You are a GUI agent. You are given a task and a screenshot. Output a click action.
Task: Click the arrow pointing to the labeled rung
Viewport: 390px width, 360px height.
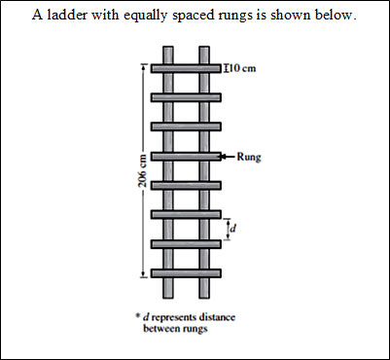tap(229, 156)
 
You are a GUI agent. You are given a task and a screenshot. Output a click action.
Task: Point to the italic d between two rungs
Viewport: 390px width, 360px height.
tap(234, 229)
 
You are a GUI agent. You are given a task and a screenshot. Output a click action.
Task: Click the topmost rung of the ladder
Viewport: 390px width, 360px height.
tap(186, 68)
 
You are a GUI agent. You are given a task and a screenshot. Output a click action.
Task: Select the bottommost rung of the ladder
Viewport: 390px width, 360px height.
tap(186, 272)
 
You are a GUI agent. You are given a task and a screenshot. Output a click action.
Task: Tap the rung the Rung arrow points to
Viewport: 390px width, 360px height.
tap(186, 156)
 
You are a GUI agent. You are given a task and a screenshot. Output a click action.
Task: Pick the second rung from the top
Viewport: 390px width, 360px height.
tap(186, 97)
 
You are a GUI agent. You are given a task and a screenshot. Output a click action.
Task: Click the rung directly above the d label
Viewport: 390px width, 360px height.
tap(186, 214)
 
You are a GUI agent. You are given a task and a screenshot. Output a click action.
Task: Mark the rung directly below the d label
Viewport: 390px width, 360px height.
tap(186, 243)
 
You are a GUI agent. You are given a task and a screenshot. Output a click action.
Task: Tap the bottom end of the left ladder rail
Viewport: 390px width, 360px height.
tap(167, 297)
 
